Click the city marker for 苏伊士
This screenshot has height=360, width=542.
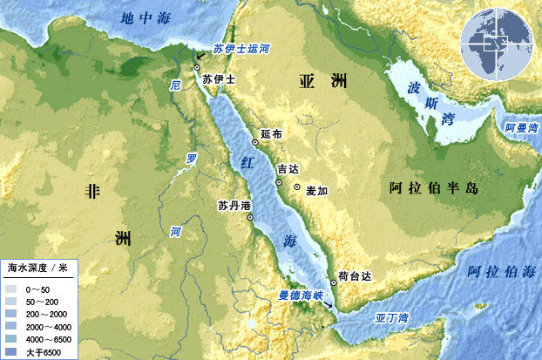[198, 67]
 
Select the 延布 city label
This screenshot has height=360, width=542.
[272, 135]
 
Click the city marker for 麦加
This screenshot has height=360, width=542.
[297, 188]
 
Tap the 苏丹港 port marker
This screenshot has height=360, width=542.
[251, 218]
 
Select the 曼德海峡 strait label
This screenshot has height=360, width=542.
[301, 295]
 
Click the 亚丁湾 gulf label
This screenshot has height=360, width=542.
[390, 318]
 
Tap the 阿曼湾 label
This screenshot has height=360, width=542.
[520, 128]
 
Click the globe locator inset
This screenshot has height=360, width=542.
[498, 42]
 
